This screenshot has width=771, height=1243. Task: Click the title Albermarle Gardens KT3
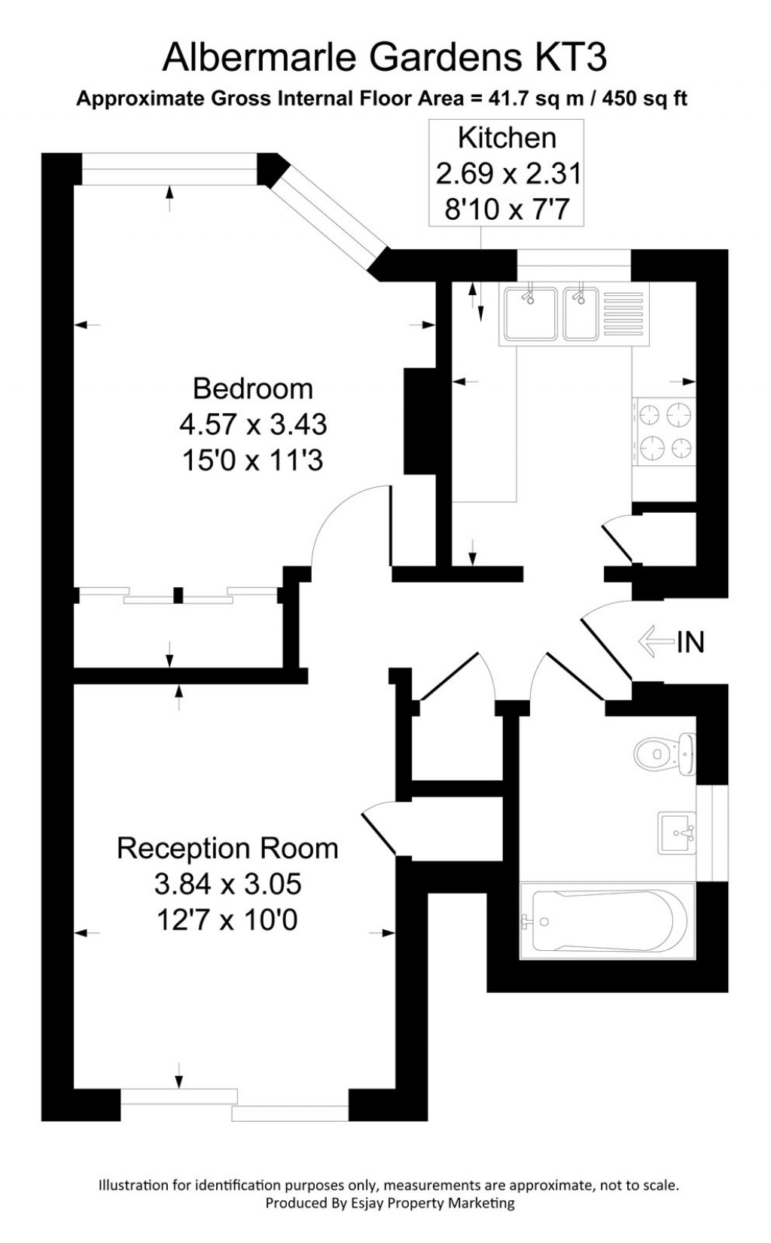click(385, 58)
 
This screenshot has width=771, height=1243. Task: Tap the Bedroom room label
click(253, 388)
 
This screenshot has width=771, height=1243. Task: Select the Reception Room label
click(227, 848)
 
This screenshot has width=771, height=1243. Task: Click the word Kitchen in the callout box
click(507, 139)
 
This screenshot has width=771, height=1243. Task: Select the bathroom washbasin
click(676, 833)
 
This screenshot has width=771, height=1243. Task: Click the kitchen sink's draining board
click(622, 314)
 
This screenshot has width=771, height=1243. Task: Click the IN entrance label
click(690, 642)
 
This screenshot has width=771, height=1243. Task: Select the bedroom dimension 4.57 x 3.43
click(253, 425)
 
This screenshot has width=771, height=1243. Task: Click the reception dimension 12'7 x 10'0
click(227, 920)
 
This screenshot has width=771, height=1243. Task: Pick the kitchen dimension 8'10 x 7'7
click(507, 209)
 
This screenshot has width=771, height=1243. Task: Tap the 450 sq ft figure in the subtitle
click(651, 99)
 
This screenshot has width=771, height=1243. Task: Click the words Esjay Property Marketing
click(433, 1203)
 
